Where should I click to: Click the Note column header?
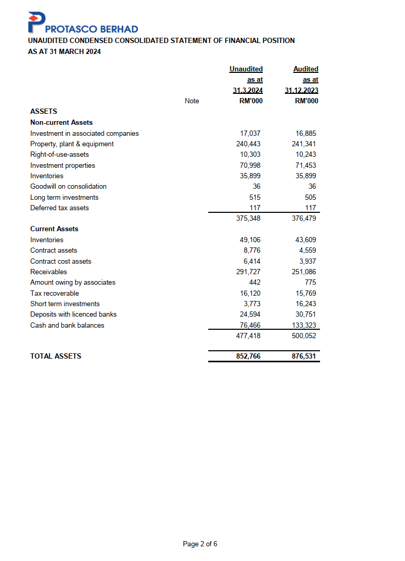click(x=192, y=101)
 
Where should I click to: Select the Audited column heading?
click(x=306, y=69)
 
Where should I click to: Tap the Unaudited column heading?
click(x=246, y=69)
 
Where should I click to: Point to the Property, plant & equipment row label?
click(x=72, y=144)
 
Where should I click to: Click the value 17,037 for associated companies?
click(x=250, y=134)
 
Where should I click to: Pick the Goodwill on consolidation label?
click(x=68, y=187)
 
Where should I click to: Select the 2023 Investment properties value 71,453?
click(x=306, y=166)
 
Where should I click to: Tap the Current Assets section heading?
click(x=55, y=229)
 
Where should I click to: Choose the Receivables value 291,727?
click(x=249, y=272)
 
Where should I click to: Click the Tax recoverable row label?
click(x=55, y=294)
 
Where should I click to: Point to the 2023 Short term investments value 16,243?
click(x=306, y=304)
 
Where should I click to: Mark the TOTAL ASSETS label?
click(x=56, y=357)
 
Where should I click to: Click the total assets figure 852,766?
click(x=249, y=357)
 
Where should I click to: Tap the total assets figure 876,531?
click(x=304, y=357)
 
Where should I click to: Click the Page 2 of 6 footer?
click(x=200, y=544)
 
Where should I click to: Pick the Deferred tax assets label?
click(x=60, y=208)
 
